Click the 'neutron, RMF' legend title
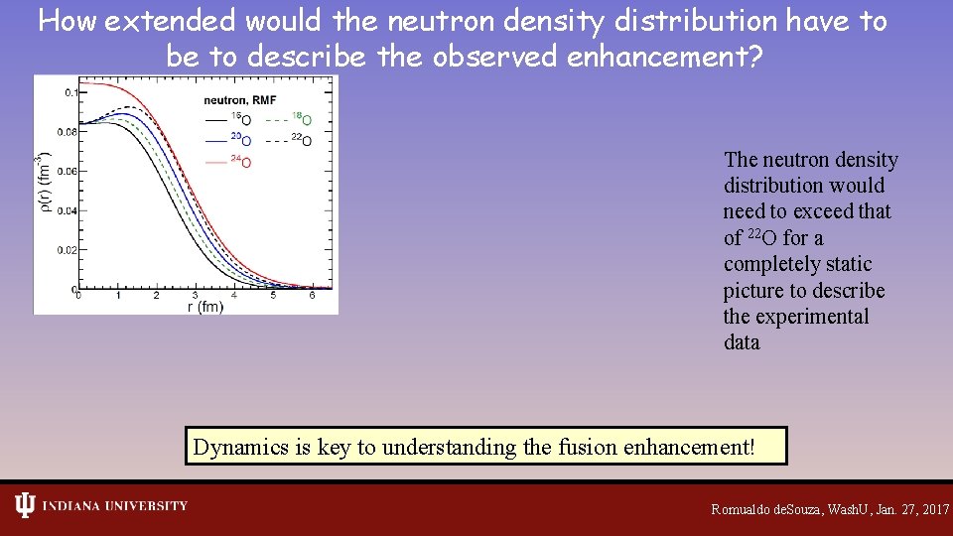click(x=240, y=100)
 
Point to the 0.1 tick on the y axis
click(x=70, y=92)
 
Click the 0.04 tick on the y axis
click(x=68, y=210)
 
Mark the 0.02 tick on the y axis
click(x=68, y=250)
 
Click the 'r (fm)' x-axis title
click(x=205, y=308)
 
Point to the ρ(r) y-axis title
click(x=43, y=183)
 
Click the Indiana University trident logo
click(x=24, y=505)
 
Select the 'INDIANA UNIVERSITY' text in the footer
click(x=113, y=506)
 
